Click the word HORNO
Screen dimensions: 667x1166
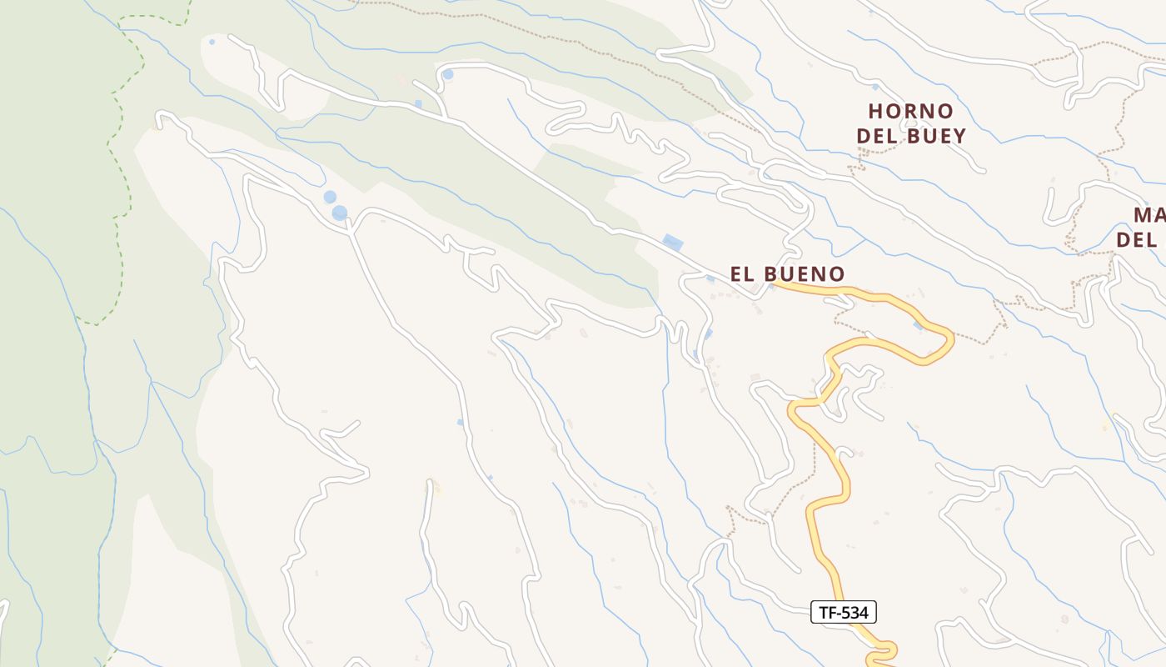[910, 111]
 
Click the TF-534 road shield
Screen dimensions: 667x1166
[844, 613]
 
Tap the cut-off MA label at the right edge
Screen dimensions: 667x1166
[1149, 215]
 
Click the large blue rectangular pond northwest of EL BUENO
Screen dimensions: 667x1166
[672, 243]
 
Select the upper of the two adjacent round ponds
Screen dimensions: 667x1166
[330, 198]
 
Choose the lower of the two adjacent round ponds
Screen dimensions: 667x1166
[339, 213]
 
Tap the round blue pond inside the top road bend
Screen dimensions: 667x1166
[448, 74]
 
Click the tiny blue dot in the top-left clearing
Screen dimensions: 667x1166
[212, 41]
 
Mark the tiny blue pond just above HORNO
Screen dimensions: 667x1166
[874, 87]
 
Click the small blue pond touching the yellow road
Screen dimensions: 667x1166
[917, 325]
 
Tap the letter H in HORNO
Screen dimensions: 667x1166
[875, 111]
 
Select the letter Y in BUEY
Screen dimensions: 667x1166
[959, 136]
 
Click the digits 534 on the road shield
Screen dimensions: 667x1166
[853, 613]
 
